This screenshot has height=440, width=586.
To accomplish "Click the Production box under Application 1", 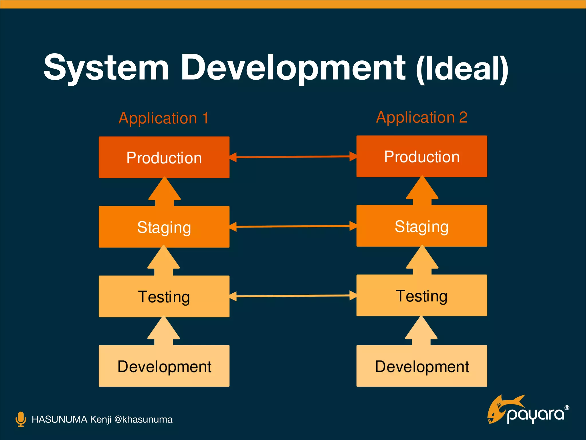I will [164, 157].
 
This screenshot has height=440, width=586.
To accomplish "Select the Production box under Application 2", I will [421, 156].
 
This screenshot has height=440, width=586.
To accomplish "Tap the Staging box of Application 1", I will [164, 227].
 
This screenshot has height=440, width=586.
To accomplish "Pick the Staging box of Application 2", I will [421, 226].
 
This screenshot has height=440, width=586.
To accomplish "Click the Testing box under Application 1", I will [164, 296].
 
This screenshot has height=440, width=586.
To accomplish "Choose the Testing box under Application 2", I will [421, 295].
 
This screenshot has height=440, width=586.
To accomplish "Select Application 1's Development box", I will [164, 366].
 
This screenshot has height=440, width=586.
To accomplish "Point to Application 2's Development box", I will [421, 366].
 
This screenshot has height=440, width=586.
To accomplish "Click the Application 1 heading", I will [164, 118].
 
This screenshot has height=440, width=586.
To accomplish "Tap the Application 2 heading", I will [422, 117].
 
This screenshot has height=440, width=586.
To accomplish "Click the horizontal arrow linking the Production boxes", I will [293, 157].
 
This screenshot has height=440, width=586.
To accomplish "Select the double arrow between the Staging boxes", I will [293, 226].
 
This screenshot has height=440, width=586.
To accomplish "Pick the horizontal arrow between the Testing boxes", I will [293, 296].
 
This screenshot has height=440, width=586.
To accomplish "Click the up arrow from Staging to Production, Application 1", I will [165, 192].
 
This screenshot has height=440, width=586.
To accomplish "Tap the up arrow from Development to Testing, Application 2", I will [421, 332].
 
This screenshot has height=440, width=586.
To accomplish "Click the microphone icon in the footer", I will [21, 419].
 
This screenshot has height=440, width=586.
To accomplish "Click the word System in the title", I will [106, 68].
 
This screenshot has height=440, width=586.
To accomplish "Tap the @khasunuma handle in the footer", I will [143, 419].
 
